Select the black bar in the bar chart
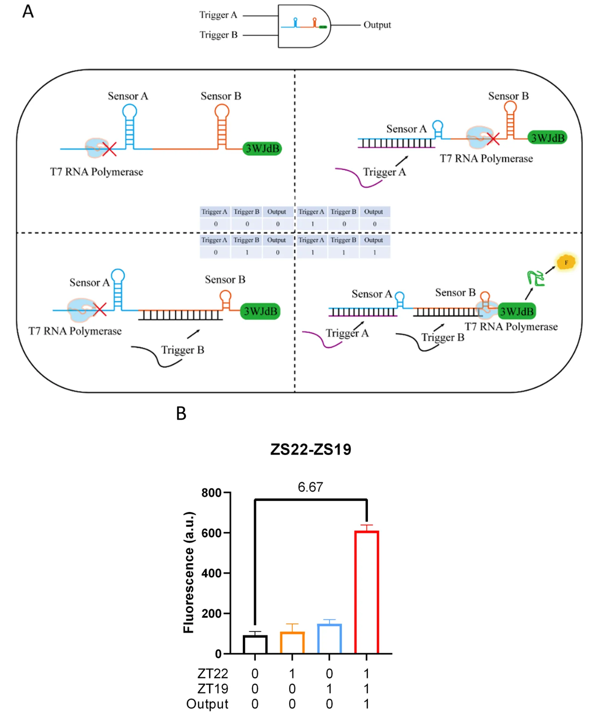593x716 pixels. click(x=255, y=644)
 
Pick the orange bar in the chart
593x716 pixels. click(x=292, y=642)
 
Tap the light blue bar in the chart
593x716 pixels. click(x=329, y=638)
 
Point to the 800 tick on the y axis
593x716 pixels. click(x=211, y=493)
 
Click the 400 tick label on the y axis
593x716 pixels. click(x=211, y=573)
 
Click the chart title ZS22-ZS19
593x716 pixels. click(x=311, y=449)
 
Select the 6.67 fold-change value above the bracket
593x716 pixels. click(x=310, y=487)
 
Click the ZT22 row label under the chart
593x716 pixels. click(x=213, y=673)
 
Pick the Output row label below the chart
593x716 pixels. click(x=207, y=704)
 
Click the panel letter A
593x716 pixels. click(x=28, y=11)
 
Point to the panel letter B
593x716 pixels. click(x=181, y=413)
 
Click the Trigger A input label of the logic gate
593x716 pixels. click(x=218, y=15)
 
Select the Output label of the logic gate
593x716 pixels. click(x=377, y=25)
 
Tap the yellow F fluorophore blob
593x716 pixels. click(x=566, y=262)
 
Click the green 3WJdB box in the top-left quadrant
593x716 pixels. click(x=262, y=149)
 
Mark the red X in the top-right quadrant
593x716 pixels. click(x=493, y=139)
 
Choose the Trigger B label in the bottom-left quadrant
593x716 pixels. click(x=183, y=350)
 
